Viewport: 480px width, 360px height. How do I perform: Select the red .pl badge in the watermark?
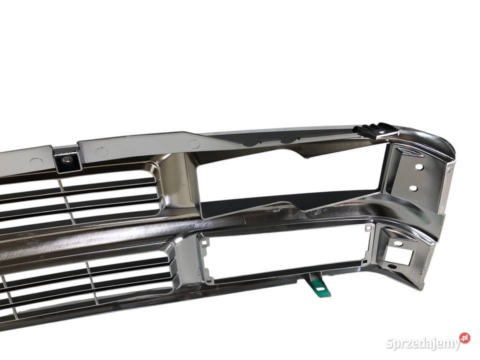[464, 338]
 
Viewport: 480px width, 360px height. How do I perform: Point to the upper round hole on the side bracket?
[419, 167]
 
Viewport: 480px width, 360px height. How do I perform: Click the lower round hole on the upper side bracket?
[413, 187]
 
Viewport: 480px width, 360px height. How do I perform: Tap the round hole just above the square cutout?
[397, 243]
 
